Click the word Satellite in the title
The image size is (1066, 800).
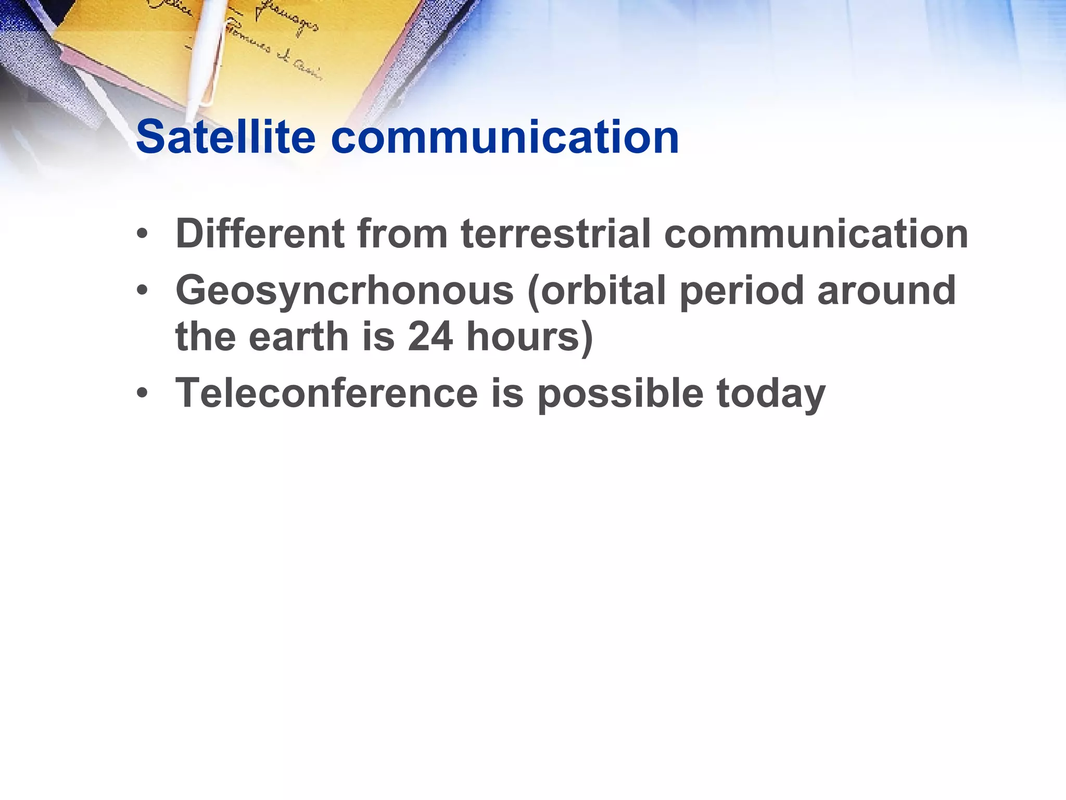[225, 137]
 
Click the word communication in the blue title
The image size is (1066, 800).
[505, 137]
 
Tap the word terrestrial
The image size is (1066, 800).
[556, 234]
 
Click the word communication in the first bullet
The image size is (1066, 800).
[816, 234]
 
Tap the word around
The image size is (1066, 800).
[886, 290]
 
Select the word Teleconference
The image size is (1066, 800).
[326, 393]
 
